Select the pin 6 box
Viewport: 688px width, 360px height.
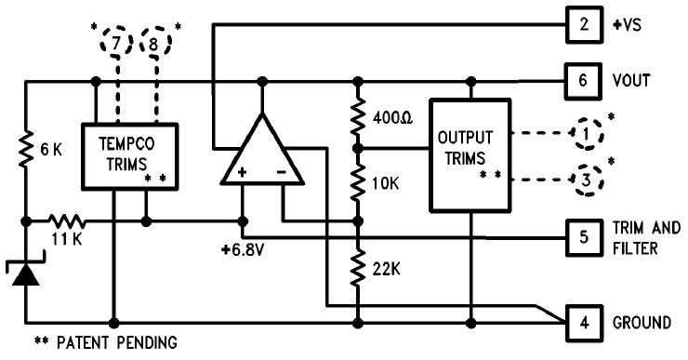(583, 80)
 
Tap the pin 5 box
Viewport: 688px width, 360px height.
(583, 237)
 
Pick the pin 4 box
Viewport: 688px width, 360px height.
(583, 323)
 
